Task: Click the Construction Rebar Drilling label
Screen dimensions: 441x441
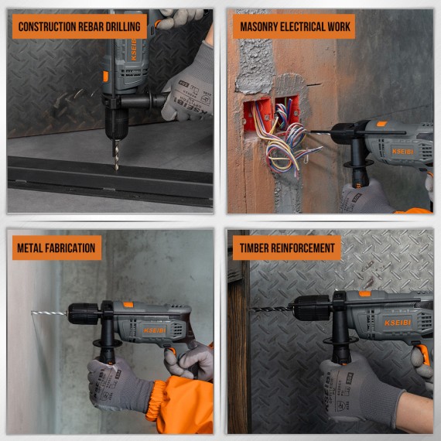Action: pyautogui.click(x=79, y=26)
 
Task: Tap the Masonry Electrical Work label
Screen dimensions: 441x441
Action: pyautogui.click(x=294, y=26)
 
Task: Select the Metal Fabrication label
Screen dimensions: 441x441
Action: pyautogui.click(x=56, y=248)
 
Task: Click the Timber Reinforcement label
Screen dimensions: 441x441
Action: pyautogui.click(x=286, y=248)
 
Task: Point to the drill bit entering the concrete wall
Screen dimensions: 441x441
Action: pyautogui.click(x=49, y=313)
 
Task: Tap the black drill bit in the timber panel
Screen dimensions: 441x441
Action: pyautogui.click(x=270, y=308)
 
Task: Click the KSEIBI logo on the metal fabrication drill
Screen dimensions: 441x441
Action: pyautogui.click(x=154, y=330)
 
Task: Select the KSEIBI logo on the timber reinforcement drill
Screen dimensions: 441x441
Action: pyautogui.click(x=397, y=323)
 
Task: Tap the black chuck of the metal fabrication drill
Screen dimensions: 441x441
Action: pyautogui.click(x=80, y=313)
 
